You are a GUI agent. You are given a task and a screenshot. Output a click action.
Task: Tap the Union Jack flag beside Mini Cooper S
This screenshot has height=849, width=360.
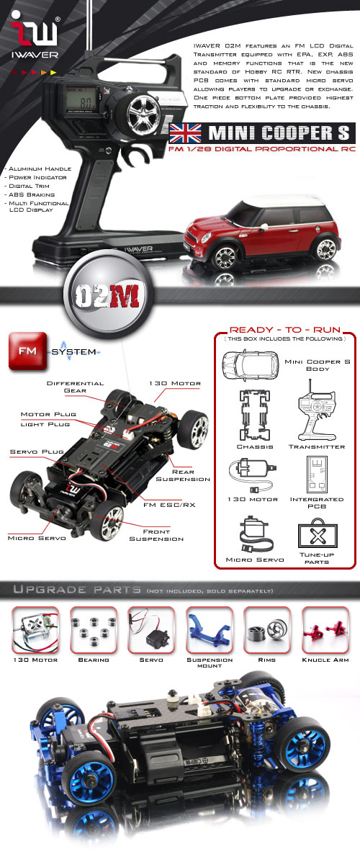(x=185, y=133)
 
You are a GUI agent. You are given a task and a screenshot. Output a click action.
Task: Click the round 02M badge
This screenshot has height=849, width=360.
(x=108, y=295)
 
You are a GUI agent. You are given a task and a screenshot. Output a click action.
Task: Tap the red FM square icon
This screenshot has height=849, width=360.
(x=27, y=351)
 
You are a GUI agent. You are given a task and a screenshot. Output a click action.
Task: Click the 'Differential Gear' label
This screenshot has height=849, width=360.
(x=76, y=387)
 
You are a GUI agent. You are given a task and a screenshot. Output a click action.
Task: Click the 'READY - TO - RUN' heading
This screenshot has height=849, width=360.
(x=284, y=330)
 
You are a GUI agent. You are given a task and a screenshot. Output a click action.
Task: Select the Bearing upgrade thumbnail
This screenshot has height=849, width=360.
(x=94, y=629)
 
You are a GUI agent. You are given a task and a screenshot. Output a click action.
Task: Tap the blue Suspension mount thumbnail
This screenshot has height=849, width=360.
(x=210, y=629)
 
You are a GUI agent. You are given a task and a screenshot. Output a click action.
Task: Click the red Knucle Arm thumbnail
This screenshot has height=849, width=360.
(x=325, y=629)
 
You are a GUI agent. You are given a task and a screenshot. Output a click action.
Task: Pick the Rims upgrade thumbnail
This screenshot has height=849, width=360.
(x=267, y=629)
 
